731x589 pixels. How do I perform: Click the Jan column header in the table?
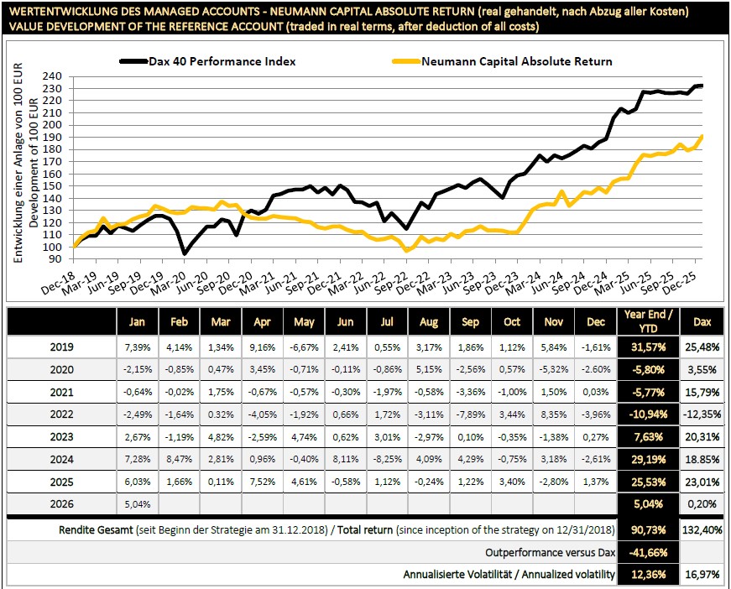tap(137, 321)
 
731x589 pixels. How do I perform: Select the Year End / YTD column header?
tap(647, 321)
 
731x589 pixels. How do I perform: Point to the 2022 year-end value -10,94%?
tap(647, 414)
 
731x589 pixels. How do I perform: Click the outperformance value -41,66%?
tap(647, 553)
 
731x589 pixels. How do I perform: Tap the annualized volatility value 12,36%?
tap(647, 575)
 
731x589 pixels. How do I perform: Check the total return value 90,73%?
tap(647, 530)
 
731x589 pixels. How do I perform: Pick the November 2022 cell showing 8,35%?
tap(555, 414)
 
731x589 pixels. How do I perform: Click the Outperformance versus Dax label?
tap(550, 553)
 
